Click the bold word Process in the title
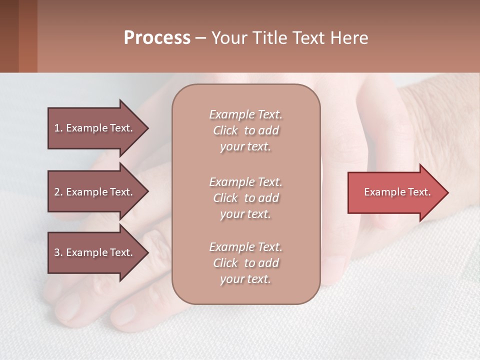pos(157,38)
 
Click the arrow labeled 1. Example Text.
pos(94,128)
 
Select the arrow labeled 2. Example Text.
pos(94,192)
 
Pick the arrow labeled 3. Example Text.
pos(94,252)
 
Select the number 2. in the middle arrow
pos(58,192)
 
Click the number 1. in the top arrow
pos(58,128)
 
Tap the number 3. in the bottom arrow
pos(58,252)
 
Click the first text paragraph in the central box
pos(245,130)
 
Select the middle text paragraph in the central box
pos(245,198)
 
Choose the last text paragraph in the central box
pos(245,263)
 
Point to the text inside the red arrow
pos(397,192)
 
